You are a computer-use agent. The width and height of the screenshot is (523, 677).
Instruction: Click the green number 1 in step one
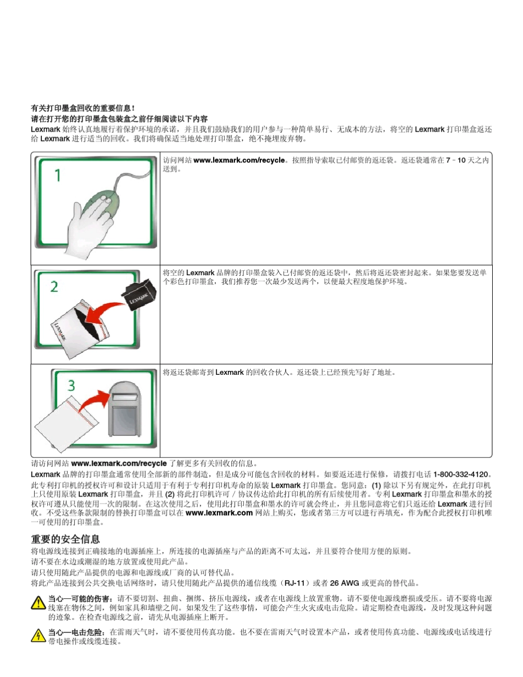coord(58,176)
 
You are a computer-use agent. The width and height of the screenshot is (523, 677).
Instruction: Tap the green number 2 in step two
coord(55,286)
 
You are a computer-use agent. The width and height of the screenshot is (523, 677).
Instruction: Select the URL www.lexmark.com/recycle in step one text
coord(239,160)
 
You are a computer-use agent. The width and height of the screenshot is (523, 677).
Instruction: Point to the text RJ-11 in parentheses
coord(293,582)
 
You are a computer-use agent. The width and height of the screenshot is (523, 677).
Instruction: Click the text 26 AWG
coord(344,582)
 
